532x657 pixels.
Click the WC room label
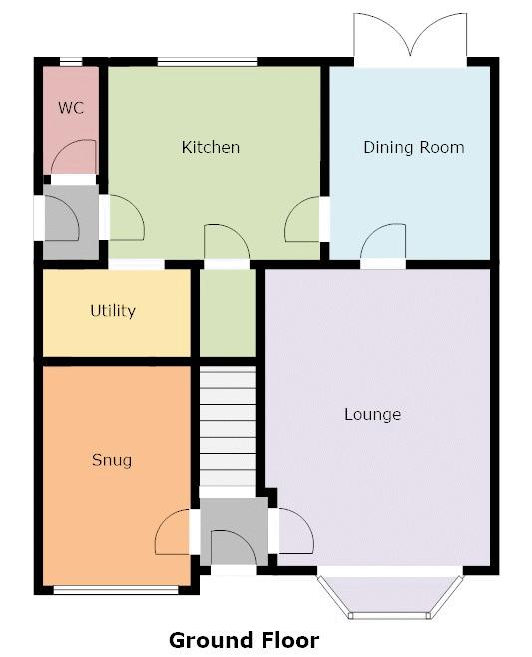(70, 107)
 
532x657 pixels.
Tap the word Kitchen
(210, 147)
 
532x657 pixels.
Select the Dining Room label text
(413, 147)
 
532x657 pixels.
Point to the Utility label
(113, 311)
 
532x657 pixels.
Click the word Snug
(112, 460)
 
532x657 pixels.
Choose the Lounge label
(372, 414)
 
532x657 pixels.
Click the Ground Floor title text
(244, 640)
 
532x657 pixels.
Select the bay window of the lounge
(390, 596)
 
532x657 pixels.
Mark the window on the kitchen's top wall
(207, 63)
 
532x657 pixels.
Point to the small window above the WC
(70, 63)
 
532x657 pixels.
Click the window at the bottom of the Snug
(115, 590)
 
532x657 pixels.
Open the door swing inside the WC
(74, 158)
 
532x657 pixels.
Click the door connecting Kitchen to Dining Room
(303, 220)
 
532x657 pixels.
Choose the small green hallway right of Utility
(228, 312)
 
